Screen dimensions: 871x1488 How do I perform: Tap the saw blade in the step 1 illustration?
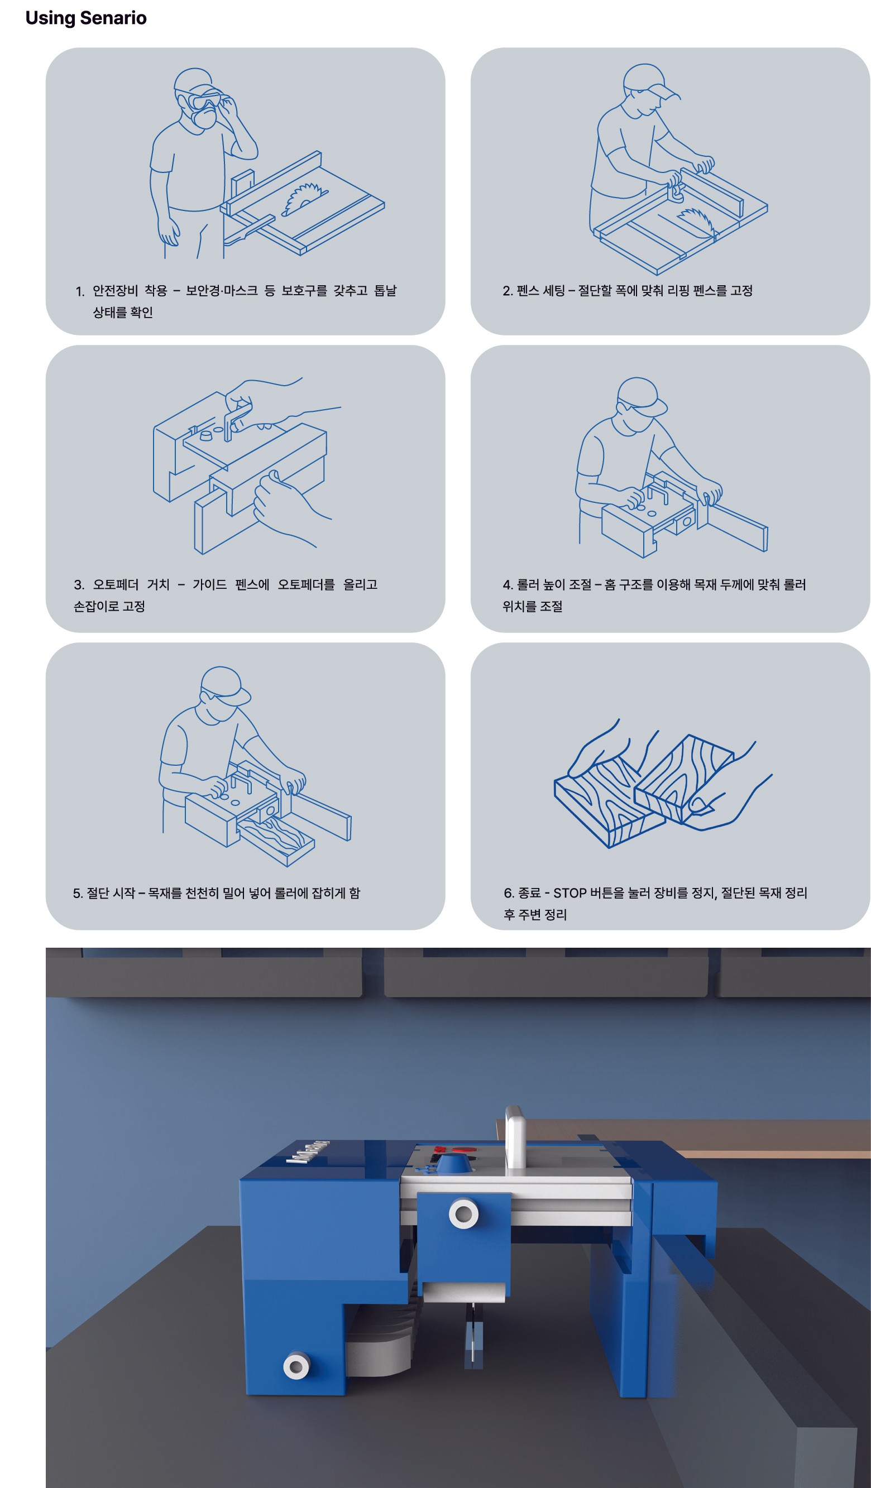pos(304,198)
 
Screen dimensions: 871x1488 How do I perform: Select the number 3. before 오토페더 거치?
pos(79,584)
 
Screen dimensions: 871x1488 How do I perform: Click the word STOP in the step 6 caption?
pos(569,893)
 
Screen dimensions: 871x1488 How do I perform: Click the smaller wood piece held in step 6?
pos(684,780)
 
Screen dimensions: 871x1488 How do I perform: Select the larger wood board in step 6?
pos(608,803)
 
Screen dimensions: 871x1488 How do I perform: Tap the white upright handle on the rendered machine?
pos(515,1137)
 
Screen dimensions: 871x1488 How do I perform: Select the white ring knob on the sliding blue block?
pos(463,1214)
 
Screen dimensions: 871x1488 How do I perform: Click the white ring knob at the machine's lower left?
pos(296,1366)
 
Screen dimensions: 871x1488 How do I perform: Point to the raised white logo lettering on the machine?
pos(308,1151)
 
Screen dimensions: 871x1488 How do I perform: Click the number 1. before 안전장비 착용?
pos(80,291)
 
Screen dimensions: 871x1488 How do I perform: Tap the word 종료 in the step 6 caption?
pos(529,893)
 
